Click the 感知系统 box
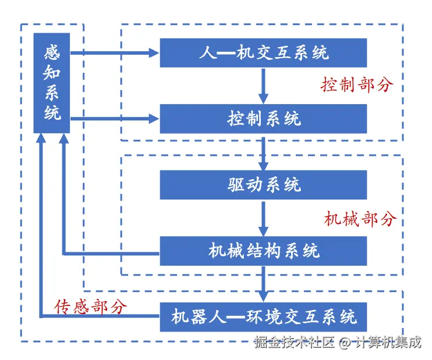(52, 83)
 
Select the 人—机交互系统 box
(264, 53)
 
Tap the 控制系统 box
(264, 119)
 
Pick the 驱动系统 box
(264, 185)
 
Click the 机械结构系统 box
(264, 251)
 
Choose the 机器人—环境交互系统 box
(264, 317)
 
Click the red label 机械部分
(360, 219)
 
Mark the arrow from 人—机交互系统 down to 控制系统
(264, 85)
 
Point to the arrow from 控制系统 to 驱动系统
(264, 152)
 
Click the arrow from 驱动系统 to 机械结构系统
(264, 218)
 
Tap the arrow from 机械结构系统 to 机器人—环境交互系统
(264, 284)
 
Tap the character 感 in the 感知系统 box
(52, 52)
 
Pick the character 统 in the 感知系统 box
(52, 112)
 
